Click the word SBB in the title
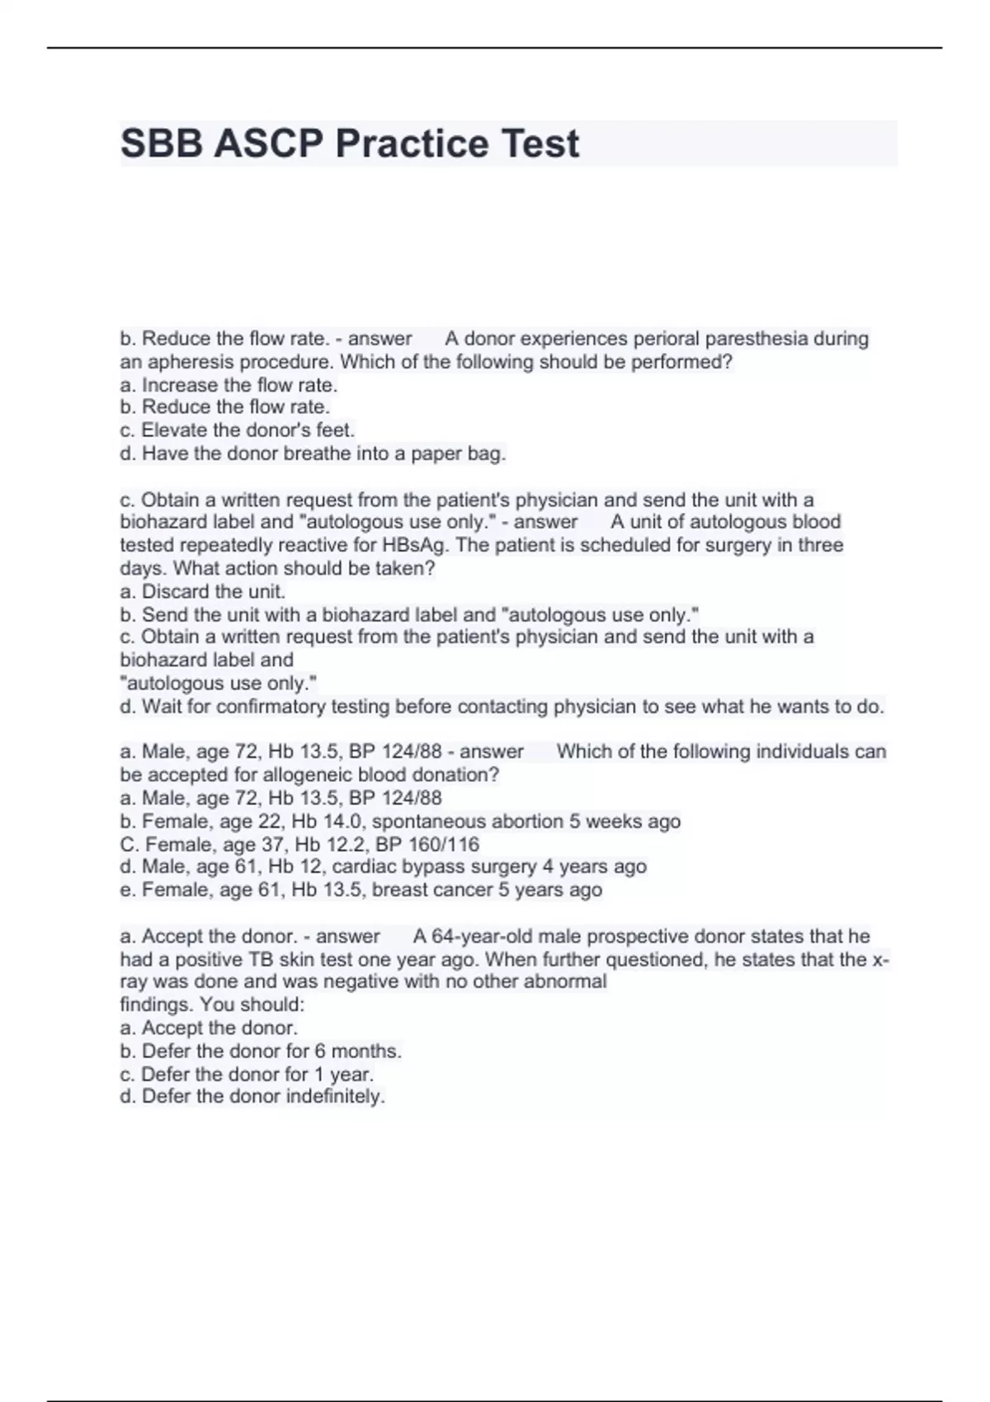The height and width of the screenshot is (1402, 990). coord(162,143)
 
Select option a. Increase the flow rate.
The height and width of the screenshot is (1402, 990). coord(229,385)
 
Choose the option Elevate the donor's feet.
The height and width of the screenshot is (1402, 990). coord(237,430)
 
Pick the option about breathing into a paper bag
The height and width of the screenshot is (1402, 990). coord(313,454)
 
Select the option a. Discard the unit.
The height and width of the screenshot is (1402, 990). coord(202,591)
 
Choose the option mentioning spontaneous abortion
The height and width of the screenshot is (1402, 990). coord(400,821)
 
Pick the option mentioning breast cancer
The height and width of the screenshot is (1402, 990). coord(361,890)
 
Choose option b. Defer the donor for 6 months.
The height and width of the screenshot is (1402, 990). coord(261,1051)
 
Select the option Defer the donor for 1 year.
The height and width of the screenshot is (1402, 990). coord(247,1075)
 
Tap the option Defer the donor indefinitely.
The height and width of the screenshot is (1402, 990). coord(252,1097)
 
